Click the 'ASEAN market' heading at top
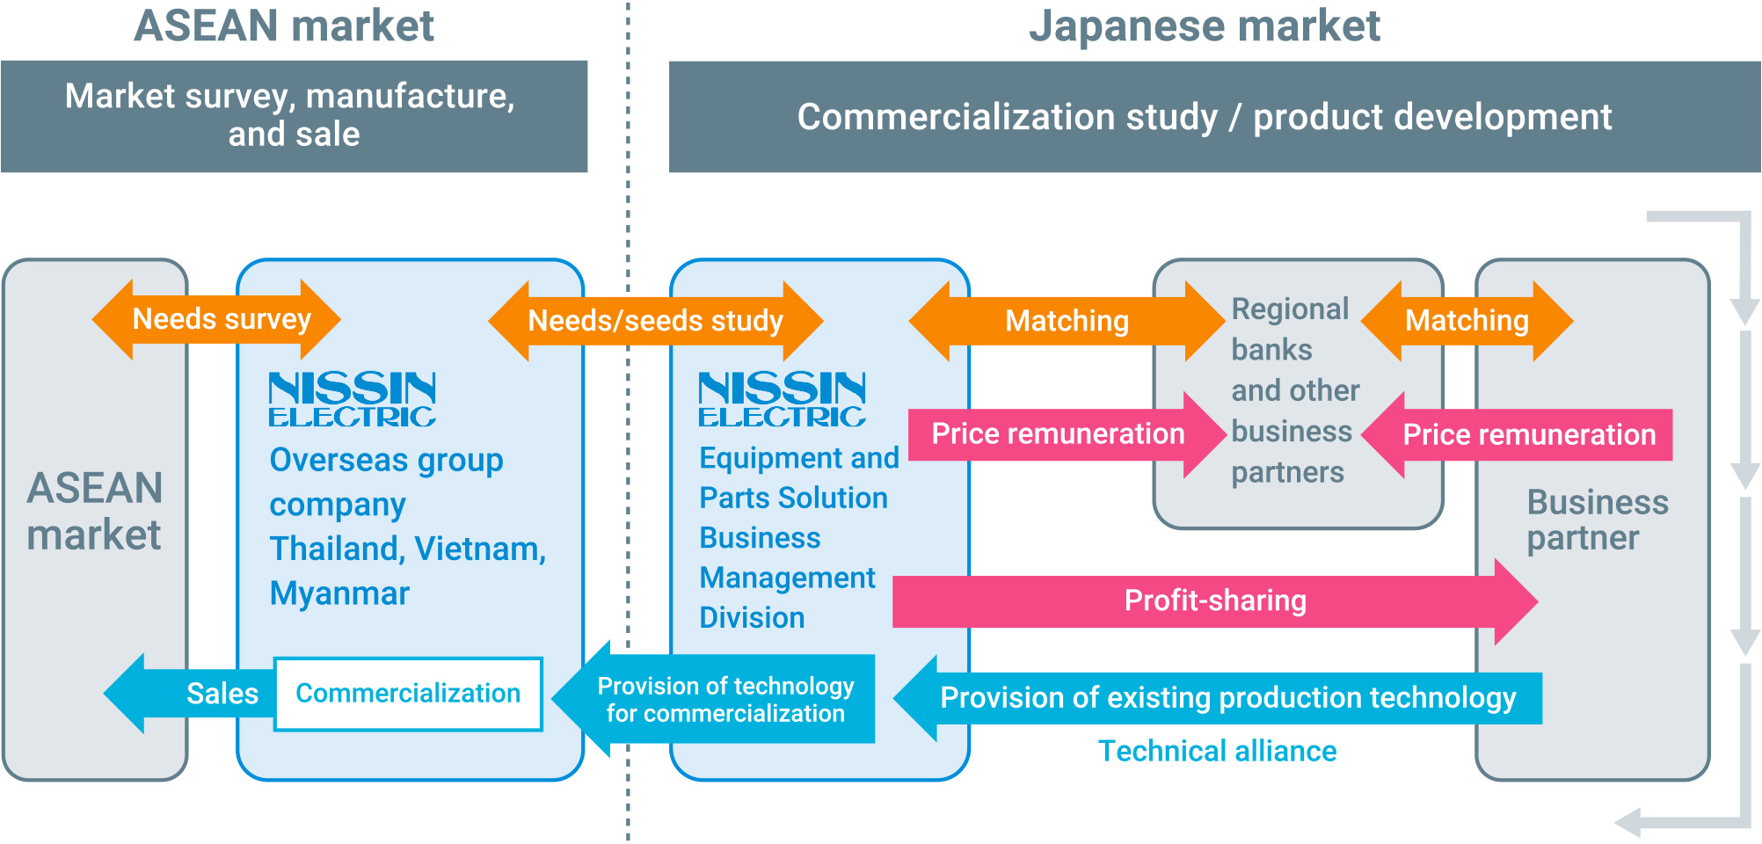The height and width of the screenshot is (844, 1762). tap(284, 26)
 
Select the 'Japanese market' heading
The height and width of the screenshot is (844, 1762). tap(1204, 26)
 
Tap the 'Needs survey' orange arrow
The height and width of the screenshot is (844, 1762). tap(217, 319)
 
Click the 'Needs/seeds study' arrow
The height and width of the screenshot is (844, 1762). tap(655, 321)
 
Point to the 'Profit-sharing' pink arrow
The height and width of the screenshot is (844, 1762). tap(1214, 601)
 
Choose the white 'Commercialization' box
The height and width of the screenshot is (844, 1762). tap(408, 694)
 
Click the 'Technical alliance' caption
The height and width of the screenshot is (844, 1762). tap(1217, 752)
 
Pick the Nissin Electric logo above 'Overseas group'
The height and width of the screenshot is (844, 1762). tap(352, 399)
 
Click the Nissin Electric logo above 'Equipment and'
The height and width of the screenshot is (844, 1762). tap(782, 399)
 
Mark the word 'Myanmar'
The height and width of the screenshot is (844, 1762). tap(339, 594)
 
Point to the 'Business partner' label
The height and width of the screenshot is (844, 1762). tap(1597, 520)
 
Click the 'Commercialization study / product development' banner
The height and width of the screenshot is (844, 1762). tap(1205, 117)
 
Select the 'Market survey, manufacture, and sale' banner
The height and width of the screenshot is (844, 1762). tap(294, 115)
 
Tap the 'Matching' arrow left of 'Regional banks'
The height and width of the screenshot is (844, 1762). tap(1067, 321)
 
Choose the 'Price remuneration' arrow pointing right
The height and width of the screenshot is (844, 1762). tap(1059, 434)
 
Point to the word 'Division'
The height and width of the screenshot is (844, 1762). tap(752, 618)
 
